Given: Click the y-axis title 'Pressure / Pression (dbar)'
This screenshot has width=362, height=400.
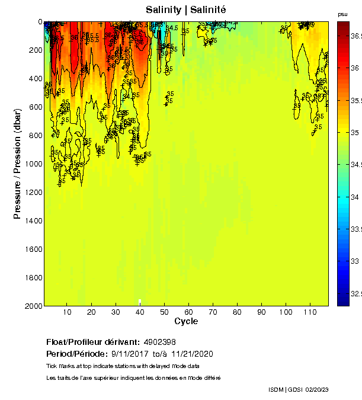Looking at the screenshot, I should (17, 164).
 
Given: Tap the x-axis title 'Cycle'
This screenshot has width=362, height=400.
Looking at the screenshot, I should (186, 321).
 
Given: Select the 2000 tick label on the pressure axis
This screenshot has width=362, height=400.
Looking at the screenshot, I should (33, 306).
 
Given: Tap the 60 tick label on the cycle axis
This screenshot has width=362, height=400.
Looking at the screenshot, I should (188, 312).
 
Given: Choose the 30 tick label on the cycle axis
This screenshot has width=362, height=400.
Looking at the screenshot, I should (116, 312).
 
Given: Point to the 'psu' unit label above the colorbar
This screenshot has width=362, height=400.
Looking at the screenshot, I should (342, 14).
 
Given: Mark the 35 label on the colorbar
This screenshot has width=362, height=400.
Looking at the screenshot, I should (355, 133).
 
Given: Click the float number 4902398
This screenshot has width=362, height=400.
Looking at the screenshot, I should (159, 342).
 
